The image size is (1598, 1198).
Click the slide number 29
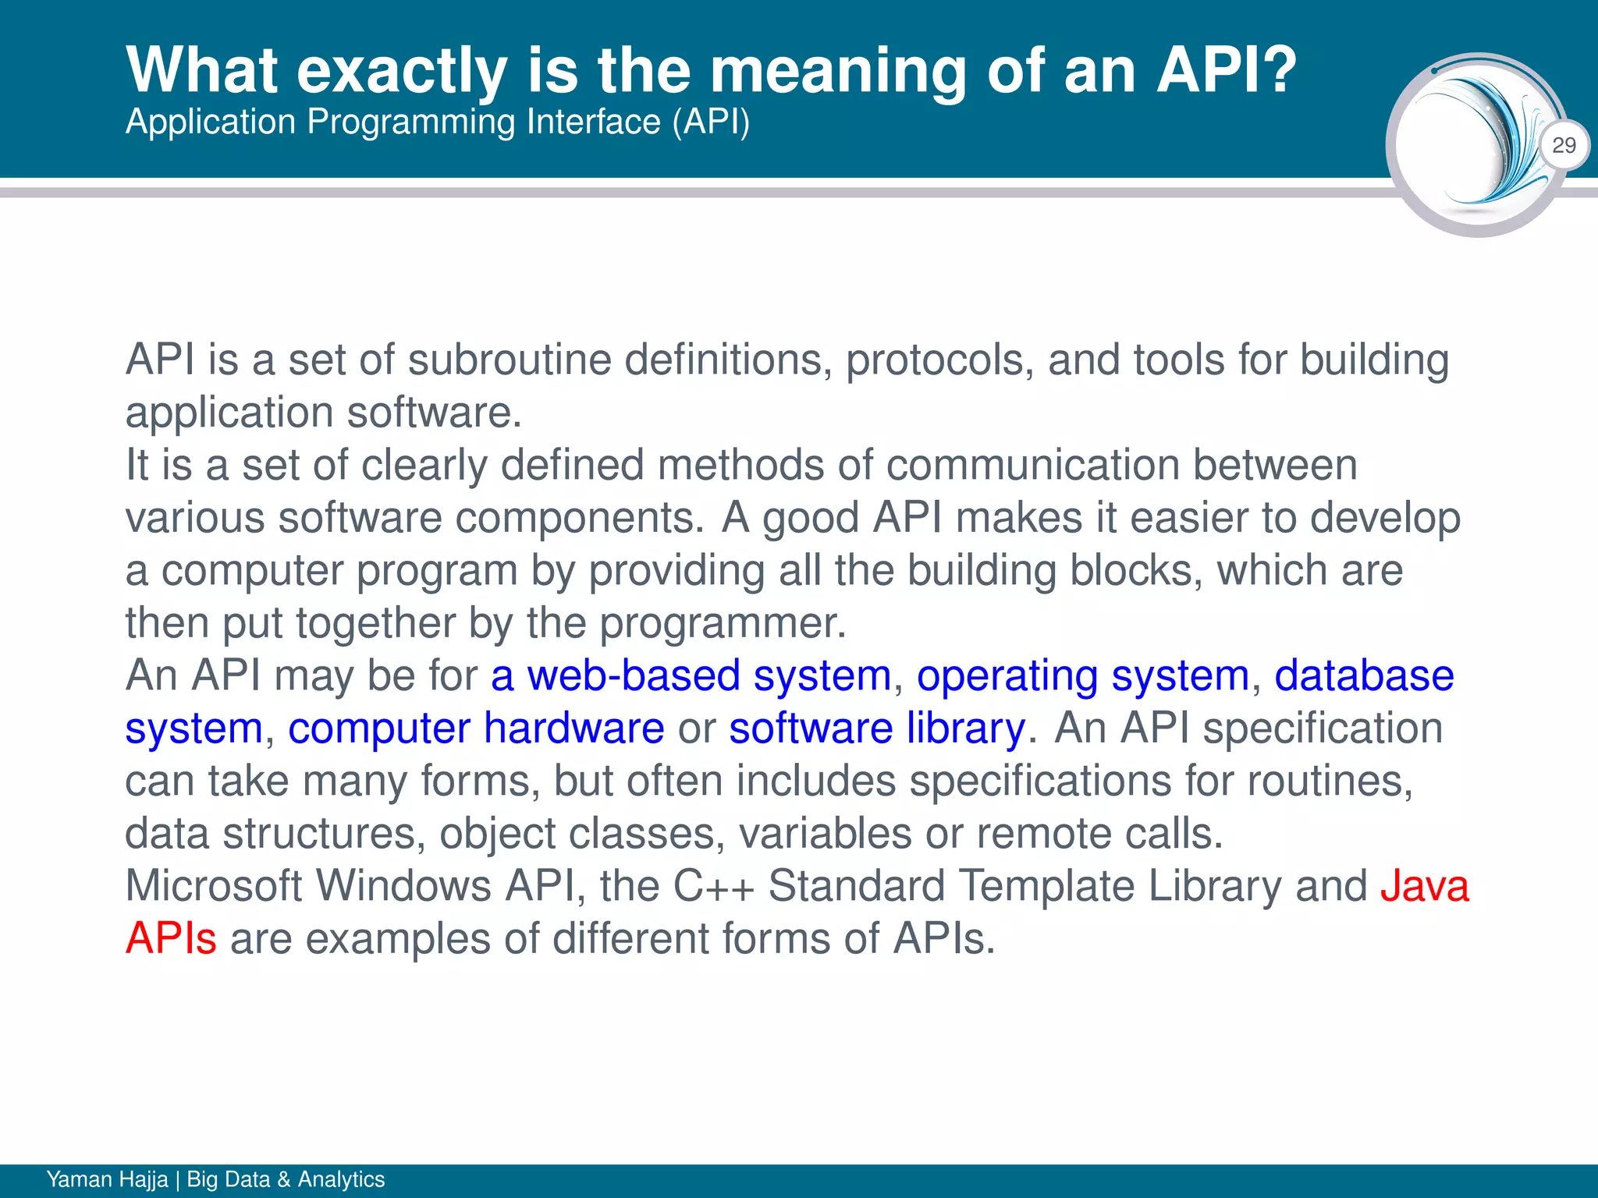(1564, 145)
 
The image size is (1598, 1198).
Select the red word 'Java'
(1425, 886)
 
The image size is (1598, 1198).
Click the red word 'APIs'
(171, 938)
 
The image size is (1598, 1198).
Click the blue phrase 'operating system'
(1083, 675)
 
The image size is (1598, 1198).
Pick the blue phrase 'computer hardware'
(476, 728)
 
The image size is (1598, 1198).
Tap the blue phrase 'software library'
(877, 728)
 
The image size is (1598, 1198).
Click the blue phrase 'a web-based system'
(691, 675)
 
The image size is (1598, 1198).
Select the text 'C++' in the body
(713, 886)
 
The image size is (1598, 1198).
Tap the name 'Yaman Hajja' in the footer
(107, 1179)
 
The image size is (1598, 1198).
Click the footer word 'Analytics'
(341, 1179)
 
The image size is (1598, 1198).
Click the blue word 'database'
(1363, 675)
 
